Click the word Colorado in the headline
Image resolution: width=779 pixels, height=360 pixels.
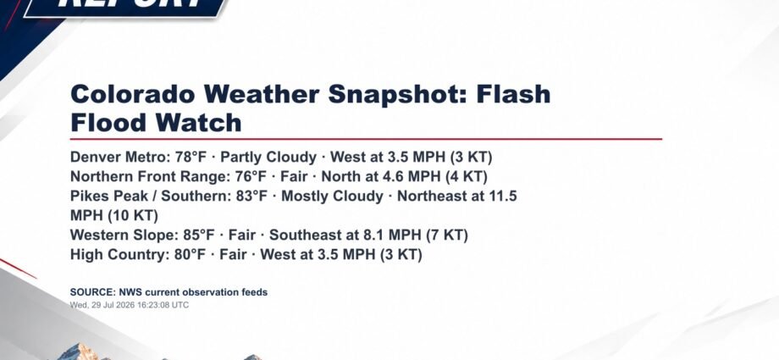click(132, 94)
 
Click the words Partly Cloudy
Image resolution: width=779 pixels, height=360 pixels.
click(268, 158)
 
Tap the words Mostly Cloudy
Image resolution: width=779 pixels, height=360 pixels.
click(333, 197)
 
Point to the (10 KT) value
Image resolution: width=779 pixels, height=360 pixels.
click(133, 216)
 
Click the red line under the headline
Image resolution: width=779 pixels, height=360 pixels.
click(366, 139)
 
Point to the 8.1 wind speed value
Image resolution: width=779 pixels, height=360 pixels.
click(378, 235)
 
